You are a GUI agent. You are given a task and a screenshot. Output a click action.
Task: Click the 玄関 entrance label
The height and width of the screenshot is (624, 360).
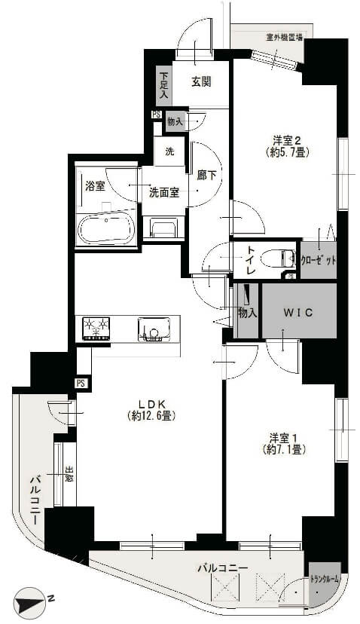[x=200, y=81]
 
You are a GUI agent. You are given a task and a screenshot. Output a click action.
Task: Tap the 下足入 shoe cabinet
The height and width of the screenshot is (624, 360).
[x=163, y=88]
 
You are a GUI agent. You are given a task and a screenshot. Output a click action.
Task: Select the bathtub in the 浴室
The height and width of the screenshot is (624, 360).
[x=106, y=228]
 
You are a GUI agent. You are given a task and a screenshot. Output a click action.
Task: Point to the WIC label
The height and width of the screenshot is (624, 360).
[x=297, y=311]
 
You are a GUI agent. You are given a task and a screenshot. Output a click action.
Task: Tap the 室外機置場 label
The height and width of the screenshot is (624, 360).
[x=285, y=37]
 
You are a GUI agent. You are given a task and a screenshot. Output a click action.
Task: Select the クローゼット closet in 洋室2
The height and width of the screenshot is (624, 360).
[x=319, y=260]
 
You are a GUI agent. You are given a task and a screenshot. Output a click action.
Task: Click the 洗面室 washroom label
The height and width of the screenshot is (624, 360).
[x=163, y=192]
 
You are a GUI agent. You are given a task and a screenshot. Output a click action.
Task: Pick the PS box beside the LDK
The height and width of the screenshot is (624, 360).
[x=81, y=383]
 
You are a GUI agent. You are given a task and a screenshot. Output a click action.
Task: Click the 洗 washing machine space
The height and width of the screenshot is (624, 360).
[x=169, y=151]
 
